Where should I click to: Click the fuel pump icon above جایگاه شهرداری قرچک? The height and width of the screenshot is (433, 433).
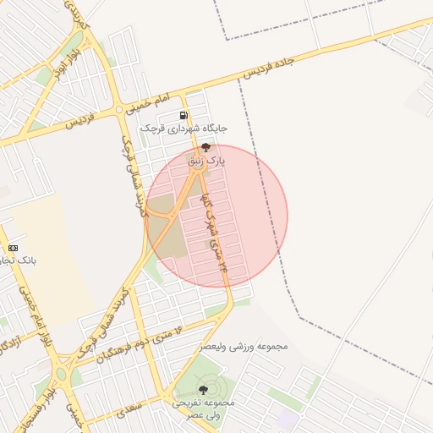tap(183, 116)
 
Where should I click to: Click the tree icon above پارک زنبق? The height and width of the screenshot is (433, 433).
tap(206, 147)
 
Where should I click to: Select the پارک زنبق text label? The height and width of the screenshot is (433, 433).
tap(206, 160)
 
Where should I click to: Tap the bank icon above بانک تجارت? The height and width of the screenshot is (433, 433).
tap(13, 248)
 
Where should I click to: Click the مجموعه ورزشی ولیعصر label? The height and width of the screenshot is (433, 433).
tap(244, 346)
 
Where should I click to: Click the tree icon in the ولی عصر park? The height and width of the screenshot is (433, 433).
tap(202, 389)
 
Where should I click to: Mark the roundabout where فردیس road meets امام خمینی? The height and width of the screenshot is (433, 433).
tap(119, 111)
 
